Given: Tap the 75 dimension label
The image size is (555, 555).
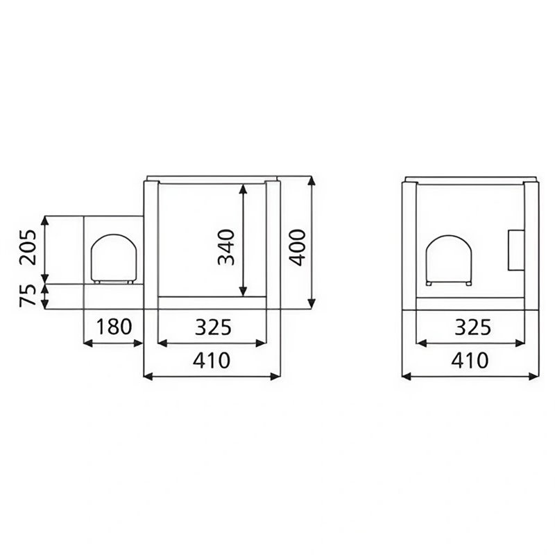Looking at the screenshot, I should click(x=28, y=296).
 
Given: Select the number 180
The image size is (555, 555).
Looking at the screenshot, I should click(x=113, y=327).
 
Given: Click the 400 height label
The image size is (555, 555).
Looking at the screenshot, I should click(x=297, y=247).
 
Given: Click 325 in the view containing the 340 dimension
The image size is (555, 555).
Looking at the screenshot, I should click(x=212, y=327).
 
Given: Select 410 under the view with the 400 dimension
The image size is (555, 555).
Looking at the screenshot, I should click(x=212, y=361).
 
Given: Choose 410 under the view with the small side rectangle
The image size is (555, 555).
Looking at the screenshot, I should click(x=470, y=361).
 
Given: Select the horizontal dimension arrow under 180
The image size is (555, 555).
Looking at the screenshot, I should click(x=113, y=342).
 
